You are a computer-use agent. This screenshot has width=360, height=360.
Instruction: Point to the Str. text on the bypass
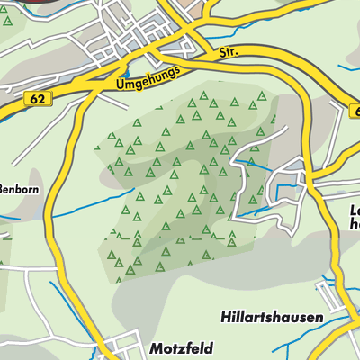pyautogui.click(x=229, y=54)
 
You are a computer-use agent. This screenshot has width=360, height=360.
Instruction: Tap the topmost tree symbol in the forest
pyautogui.click(x=204, y=94)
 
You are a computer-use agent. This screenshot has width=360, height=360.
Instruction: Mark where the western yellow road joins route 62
pyautogui.click(x=83, y=93)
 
